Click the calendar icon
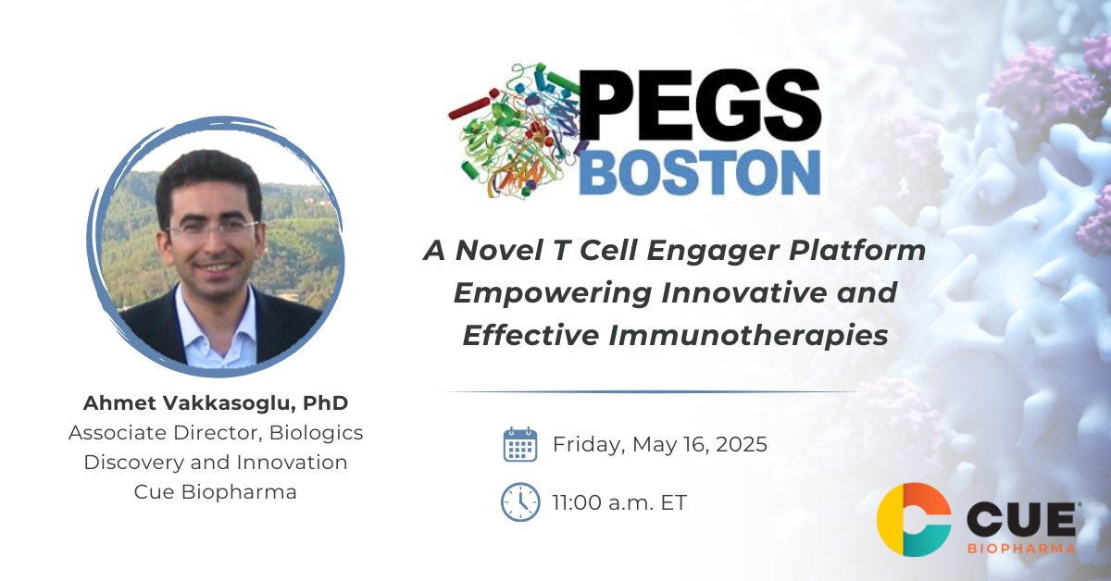(519, 444)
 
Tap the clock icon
(519, 502)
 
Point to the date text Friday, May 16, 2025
(659, 444)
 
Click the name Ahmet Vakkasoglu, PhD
(208, 402)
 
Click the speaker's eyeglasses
(211, 228)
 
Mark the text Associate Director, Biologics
(216, 432)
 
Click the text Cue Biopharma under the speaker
(216, 491)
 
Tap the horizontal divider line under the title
(653, 392)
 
